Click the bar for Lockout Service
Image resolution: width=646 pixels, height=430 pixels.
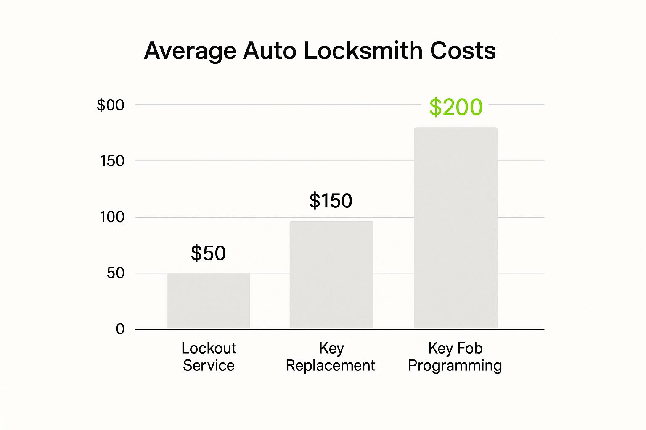[209, 301]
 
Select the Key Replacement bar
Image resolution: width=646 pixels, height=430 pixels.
[331, 275]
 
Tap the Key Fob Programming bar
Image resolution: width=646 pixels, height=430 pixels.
[455, 228]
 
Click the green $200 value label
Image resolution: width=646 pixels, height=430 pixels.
[456, 107]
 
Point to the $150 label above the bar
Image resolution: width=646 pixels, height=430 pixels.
[331, 201]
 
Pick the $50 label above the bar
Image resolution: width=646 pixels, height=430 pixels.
[208, 253]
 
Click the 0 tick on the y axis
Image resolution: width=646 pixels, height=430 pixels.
[120, 329]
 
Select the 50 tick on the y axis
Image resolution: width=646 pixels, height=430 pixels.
[116, 273]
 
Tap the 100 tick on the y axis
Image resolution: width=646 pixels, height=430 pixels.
[112, 217]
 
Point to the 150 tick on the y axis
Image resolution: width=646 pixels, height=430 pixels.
[112, 161]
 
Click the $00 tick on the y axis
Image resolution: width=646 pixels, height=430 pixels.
[111, 105]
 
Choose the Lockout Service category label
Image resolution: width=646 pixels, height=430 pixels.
[209, 357]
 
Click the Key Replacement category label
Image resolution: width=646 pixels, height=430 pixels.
[331, 357]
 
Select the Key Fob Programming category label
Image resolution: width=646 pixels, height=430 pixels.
[455, 357]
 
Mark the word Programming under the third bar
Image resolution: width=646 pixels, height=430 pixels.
[455, 366]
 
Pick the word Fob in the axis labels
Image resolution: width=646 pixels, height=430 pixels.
[469, 348]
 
